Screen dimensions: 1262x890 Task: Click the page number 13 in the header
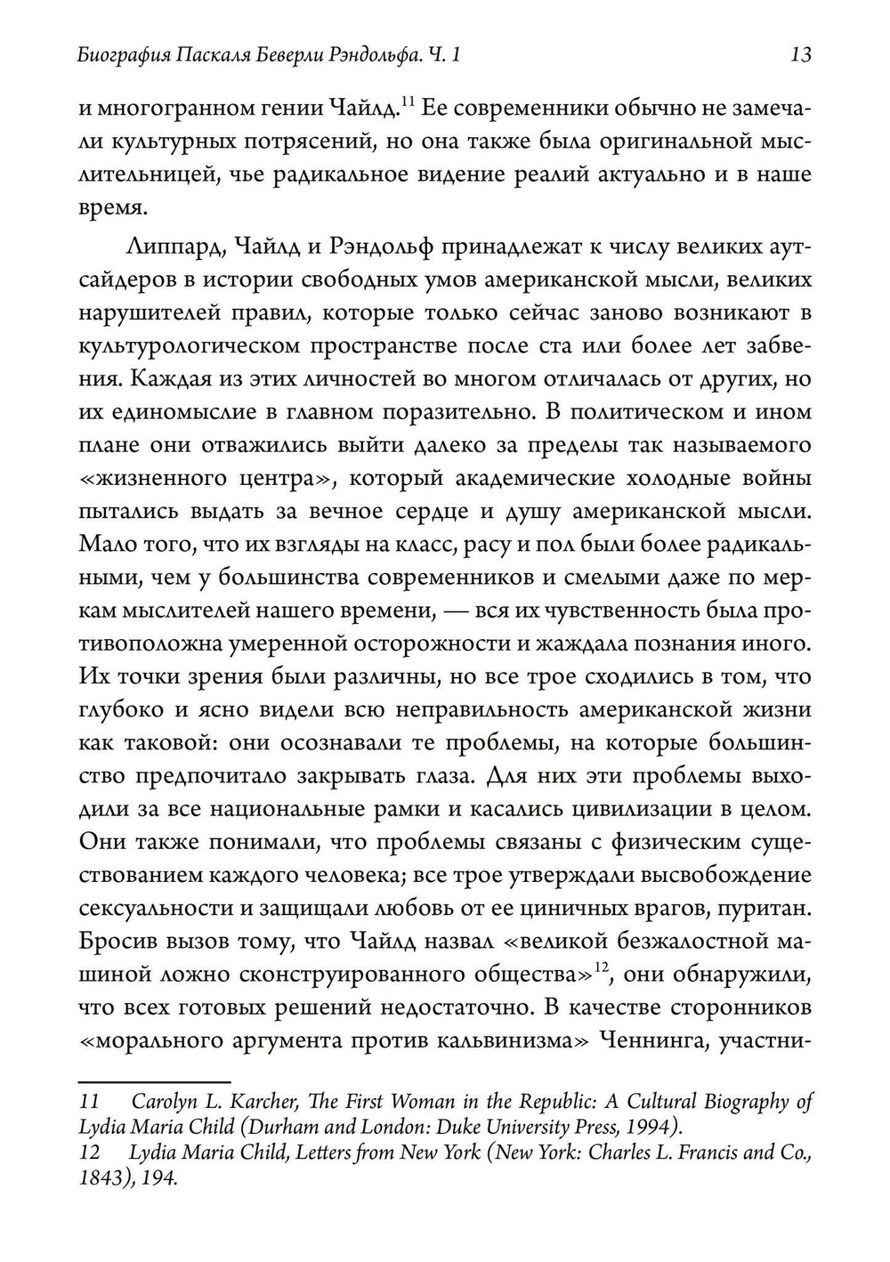point(800,55)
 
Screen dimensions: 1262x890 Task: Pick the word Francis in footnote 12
point(693,1153)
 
